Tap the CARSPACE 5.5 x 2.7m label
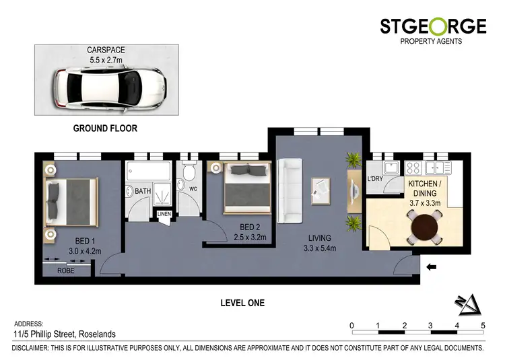pyautogui.click(x=107, y=54)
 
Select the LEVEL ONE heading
pyautogui.click(x=242, y=303)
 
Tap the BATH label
pyautogui.click(x=142, y=192)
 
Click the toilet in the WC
pyautogui.click(x=188, y=181)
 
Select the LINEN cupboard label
pyautogui.click(x=164, y=215)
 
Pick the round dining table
pyautogui.click(x=423, y=227)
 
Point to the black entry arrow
pyautogui.click(x=432, y=267)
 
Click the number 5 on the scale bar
pyautogui.click(x=483, y=326)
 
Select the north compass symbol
pyautogui.click(x=469, y=304)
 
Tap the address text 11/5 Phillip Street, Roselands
pyautogui.click(x=65, y=334)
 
